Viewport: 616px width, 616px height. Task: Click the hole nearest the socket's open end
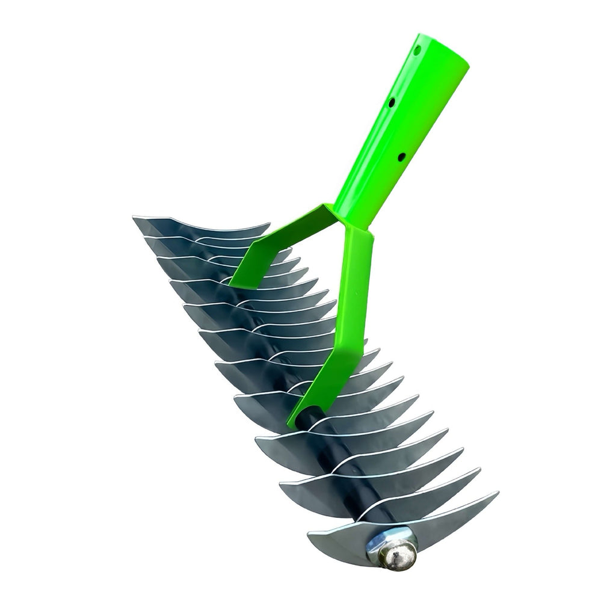coord(416,52)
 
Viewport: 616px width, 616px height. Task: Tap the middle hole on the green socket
coord(391,103)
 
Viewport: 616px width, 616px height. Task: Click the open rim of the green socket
coord(444,48)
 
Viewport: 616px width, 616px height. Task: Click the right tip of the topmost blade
coord(269,225)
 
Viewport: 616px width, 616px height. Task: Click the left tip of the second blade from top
coord(145,238)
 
